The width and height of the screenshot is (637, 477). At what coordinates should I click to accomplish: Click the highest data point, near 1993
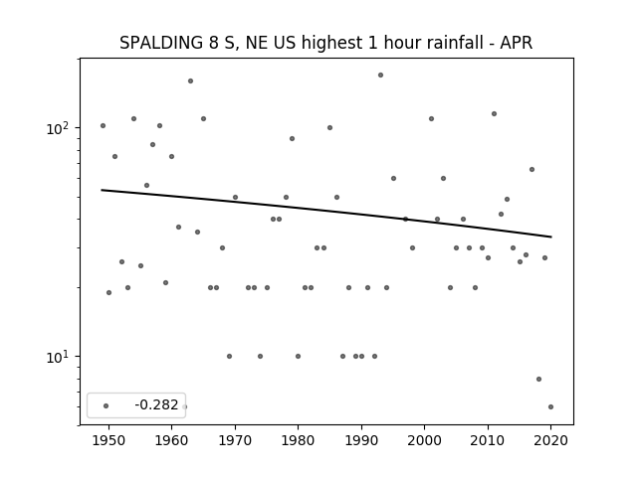tap(380, 76)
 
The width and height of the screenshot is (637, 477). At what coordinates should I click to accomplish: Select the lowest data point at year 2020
tap(550, 406)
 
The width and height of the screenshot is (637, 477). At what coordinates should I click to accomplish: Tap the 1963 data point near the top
tap(190, 81)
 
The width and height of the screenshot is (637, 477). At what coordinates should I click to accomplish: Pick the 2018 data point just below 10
tap(539, 380)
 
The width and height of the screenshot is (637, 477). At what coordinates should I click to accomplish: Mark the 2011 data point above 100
tap(494, 114)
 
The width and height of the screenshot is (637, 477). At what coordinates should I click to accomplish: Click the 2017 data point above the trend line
tap(531, 170)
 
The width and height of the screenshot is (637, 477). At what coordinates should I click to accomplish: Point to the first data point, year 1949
tap(103, 126)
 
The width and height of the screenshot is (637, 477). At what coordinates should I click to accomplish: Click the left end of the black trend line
tap(102, 190)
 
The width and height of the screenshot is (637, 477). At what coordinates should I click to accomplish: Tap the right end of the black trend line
tap(551, 237)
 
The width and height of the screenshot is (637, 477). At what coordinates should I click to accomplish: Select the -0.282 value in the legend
tap(156, 404)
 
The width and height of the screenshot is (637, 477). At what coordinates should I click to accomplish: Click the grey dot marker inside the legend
tap(106, 406)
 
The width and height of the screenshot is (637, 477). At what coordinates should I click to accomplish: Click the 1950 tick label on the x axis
tap(108, 440)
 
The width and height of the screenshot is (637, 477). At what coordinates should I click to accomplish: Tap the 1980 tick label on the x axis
tap(298, 440)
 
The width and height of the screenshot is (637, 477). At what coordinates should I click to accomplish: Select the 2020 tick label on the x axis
tap(550, 440)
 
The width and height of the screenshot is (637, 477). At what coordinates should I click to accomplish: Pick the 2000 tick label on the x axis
tap(425, 440)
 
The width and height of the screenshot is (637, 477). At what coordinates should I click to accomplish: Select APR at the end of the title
tap(516, 43)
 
